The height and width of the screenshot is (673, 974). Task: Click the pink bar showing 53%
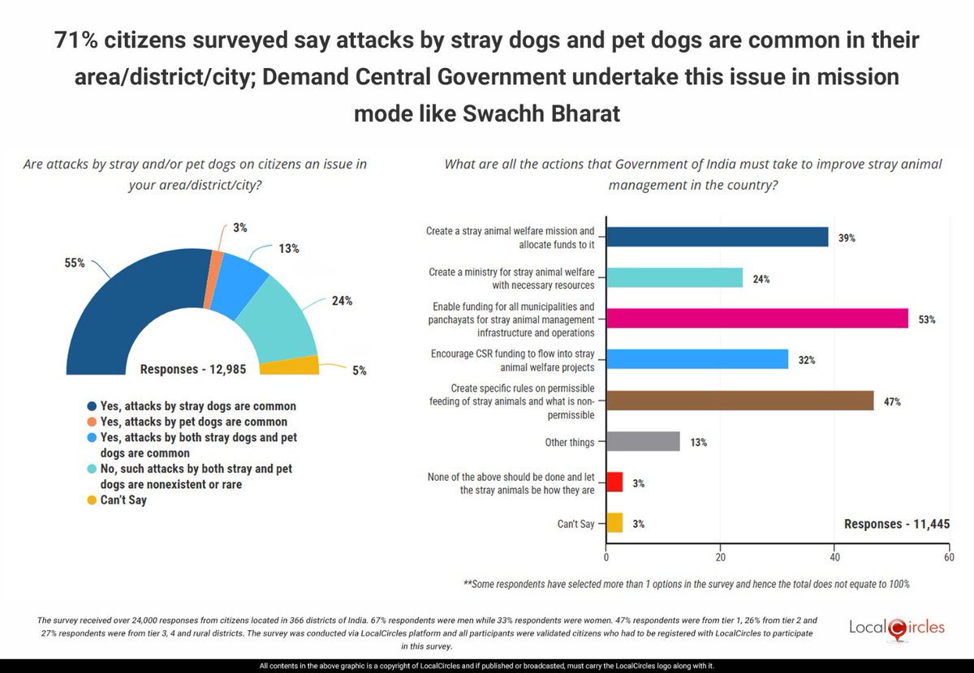click(756, 319)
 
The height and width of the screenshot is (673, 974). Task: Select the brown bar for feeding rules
click(739, 401)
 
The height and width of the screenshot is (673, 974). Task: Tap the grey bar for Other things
click(643, 442)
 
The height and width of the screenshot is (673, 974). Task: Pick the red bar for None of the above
click(614, 483)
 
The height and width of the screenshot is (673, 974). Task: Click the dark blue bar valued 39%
click(717, 237)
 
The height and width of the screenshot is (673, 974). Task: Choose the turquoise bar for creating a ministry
click(674, 278)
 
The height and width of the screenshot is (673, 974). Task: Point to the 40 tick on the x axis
click(834, 558)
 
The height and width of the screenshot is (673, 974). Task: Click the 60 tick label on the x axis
click(948, 558)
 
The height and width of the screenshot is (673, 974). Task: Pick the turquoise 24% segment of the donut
click(281, 320)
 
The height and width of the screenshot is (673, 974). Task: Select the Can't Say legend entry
click(122, 500)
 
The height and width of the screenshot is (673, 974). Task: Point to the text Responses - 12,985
click(199, 368)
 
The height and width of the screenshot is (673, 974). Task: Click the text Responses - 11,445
click(897, 524)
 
